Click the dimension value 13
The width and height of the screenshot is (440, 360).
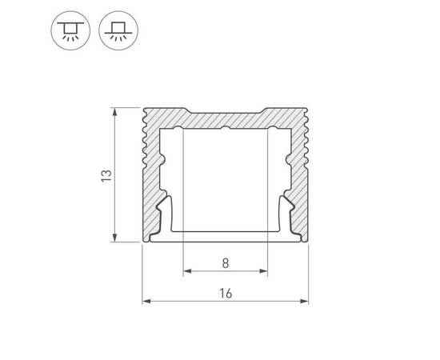(106, 176)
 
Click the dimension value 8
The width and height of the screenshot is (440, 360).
(226, 263)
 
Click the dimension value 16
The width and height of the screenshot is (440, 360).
(226, 294)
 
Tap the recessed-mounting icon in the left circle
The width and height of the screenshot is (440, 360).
(70, 30)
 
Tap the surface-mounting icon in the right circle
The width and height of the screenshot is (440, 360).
(118, 30)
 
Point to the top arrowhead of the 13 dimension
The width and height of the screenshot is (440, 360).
(114, 112)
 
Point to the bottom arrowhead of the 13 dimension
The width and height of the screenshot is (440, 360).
(114, 238)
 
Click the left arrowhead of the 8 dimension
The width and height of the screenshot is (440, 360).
(187, 271)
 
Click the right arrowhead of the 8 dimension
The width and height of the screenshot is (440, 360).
(263, 271)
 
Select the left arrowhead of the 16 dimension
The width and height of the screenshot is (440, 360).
(146, 302)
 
